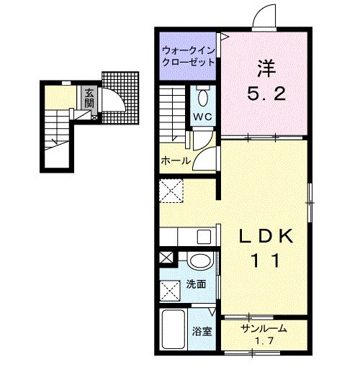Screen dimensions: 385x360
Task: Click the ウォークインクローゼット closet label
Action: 188,55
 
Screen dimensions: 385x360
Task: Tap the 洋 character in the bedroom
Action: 266,70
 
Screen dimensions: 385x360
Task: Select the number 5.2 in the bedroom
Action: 266,93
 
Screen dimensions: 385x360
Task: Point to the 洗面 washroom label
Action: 196,284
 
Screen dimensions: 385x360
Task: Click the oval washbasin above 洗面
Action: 200,261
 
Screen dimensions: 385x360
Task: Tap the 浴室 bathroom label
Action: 201,332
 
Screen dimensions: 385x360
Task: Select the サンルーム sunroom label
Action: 264,329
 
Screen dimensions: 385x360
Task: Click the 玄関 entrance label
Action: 88,97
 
